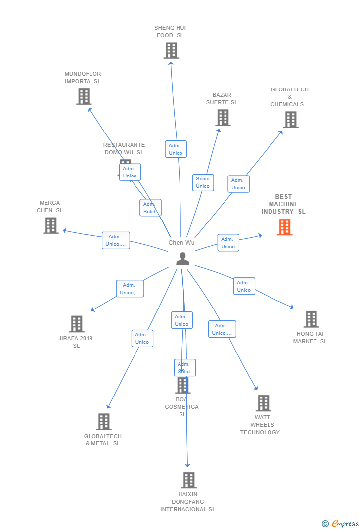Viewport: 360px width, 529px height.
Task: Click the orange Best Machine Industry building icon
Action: tap(284, 227)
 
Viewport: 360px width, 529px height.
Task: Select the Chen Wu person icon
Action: tap(182, 259)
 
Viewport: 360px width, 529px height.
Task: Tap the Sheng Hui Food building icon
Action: tap(171, 50)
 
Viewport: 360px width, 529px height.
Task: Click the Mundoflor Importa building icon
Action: tap(84, 96)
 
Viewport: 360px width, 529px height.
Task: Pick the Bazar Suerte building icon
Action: tap(223, 118)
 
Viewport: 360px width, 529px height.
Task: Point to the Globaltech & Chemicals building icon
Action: tap(291, 120)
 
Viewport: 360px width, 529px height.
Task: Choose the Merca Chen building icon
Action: tap(50, 225)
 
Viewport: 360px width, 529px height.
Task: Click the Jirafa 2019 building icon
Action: tap(77, 324)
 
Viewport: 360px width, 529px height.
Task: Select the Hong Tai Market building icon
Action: tap(311, 319)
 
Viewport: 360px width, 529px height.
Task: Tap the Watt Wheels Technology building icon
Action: tap(263, 403)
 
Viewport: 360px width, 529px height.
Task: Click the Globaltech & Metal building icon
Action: tap(104, 422)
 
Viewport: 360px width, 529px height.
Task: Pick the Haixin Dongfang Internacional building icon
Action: tap(188, 480)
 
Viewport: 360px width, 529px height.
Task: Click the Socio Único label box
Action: tap(203, 182)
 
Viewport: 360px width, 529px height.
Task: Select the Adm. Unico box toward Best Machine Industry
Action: tap(228, 243)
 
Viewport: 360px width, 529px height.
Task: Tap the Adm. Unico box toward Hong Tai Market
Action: tap(244, 286)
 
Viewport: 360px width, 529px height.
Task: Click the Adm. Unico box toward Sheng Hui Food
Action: tap(176, 149)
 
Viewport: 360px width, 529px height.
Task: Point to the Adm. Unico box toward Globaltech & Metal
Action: tap(142, 338)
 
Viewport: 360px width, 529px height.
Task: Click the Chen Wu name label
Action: tap(181, 242)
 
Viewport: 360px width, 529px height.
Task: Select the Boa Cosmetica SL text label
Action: tap(181, 407)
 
